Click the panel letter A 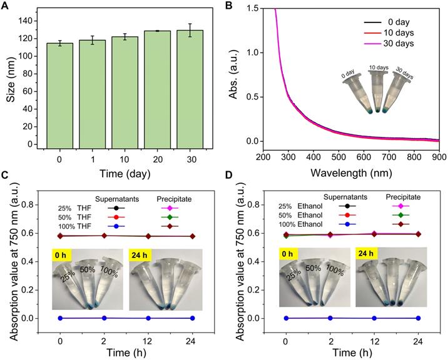tap(5, 6)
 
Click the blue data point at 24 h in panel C tap(193, 318)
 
